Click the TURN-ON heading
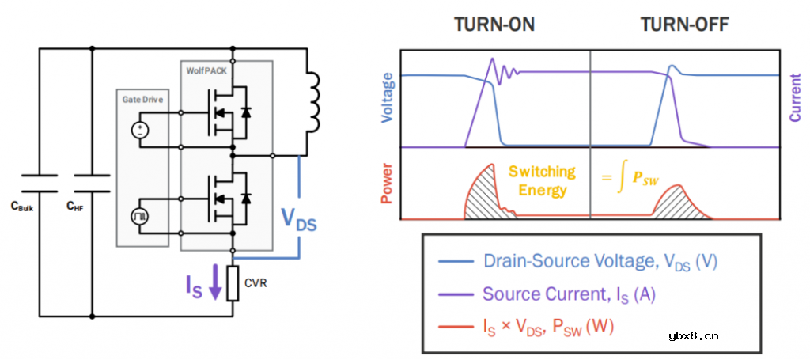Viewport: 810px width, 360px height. pos(494,25)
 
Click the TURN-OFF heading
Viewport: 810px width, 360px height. pos(684,25)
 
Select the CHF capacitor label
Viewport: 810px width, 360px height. pos(76,207)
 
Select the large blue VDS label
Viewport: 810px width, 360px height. pos(299,220)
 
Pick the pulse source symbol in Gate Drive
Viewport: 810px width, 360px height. pos(140,215)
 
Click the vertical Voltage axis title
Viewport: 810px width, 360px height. pos(387,100)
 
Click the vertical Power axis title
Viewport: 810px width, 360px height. pos(387,184)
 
